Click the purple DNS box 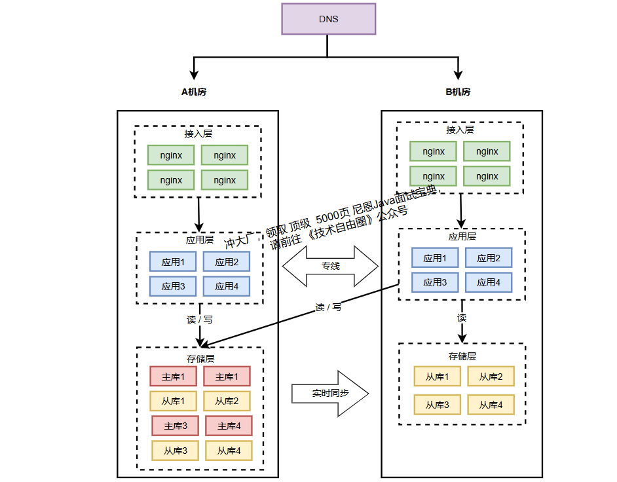click(x=328, y=18)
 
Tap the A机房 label click(x=194, y=92)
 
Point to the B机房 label click(x=458, y=92)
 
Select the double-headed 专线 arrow click(x=330, y=267)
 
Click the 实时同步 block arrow click(x=330, y=394)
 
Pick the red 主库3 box click(x=176, y=426)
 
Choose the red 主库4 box click(x=229, y=426)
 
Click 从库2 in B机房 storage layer click(x=491, y=377)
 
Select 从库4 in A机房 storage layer click(x=229, y=451)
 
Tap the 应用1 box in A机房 click(x=173, y=262)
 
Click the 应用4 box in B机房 click(x=489, y=282)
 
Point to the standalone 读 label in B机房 click(x=462, y=318)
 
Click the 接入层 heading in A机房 click(x=198, y=134)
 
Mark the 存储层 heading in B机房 click(x=462, y=356)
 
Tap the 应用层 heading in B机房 click(x=462, y=236)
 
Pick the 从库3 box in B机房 click(x=437, y=405)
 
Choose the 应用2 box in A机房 click(x=227, y=262)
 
